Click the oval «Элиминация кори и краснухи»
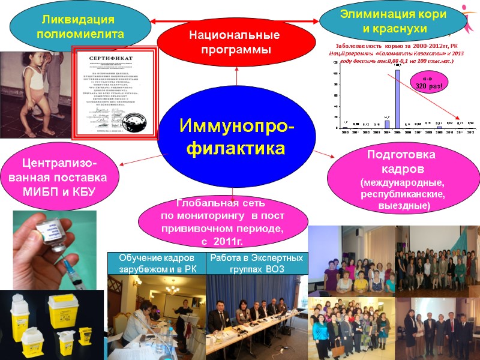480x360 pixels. [394, 22]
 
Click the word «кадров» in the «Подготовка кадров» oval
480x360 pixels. [401, 168]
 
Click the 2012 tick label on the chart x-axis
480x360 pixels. [471, 132]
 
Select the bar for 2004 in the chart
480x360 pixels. [387, 125]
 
